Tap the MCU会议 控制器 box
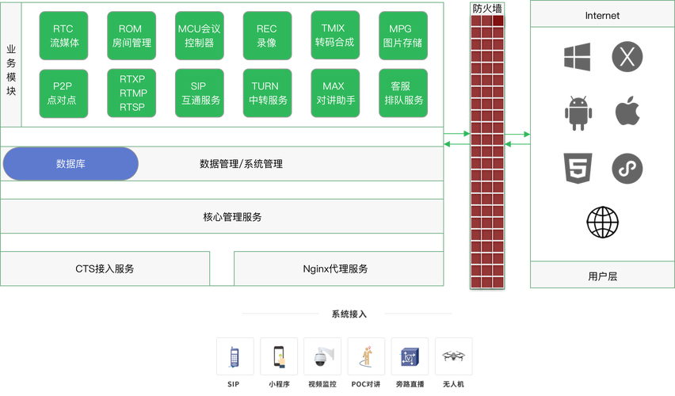pyautogui.click(x=198, y=36)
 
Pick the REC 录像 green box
pyautogui.click(x=266, y=36)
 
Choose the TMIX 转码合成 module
pyautogui.click(x=334, y=36)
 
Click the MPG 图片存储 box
pyautogui.click(x=401, y=36)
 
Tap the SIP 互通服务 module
pyautogui.click(x=198, y=93)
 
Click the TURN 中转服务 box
pyautogui.click(x=266, y=93)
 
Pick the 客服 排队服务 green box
pyautogui.click(x=401, y=93)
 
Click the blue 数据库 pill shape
pyautogui.click(x=71, y=164)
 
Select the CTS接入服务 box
pyautogui.click(x=105, y=268)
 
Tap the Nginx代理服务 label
pyautogui.click(x=335, y=268)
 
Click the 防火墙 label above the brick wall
pyautogui.click(x=486, y=8)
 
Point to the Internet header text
pyautogui.click(x=602, y=15)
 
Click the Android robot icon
pyautogui.click(x=577, y=112)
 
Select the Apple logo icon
pyautogui.click(x=627, y=112)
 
